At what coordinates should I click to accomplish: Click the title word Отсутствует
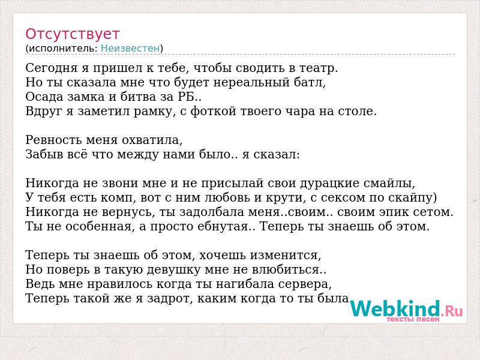coord(72,34)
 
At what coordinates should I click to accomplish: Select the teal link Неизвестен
coord(130,49)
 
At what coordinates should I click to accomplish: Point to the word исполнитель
coord(63,49)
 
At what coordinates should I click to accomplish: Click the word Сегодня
coord(52,68)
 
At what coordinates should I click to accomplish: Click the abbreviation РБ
coord(187,97)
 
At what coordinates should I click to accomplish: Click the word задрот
coord(168,299)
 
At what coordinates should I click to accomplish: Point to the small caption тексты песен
coord(413,319)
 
